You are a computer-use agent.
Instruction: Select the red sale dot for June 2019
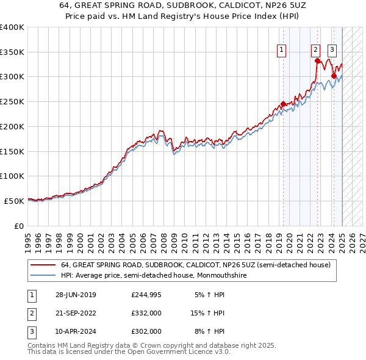pos(284,104)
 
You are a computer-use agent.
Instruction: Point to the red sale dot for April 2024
pos(334,76)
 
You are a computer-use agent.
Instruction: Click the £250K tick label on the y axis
pos(12,102)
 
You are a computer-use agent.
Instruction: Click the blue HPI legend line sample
pos(43,275)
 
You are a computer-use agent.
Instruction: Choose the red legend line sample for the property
pos(43,265)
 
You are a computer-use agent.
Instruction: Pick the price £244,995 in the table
pos(147,294)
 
